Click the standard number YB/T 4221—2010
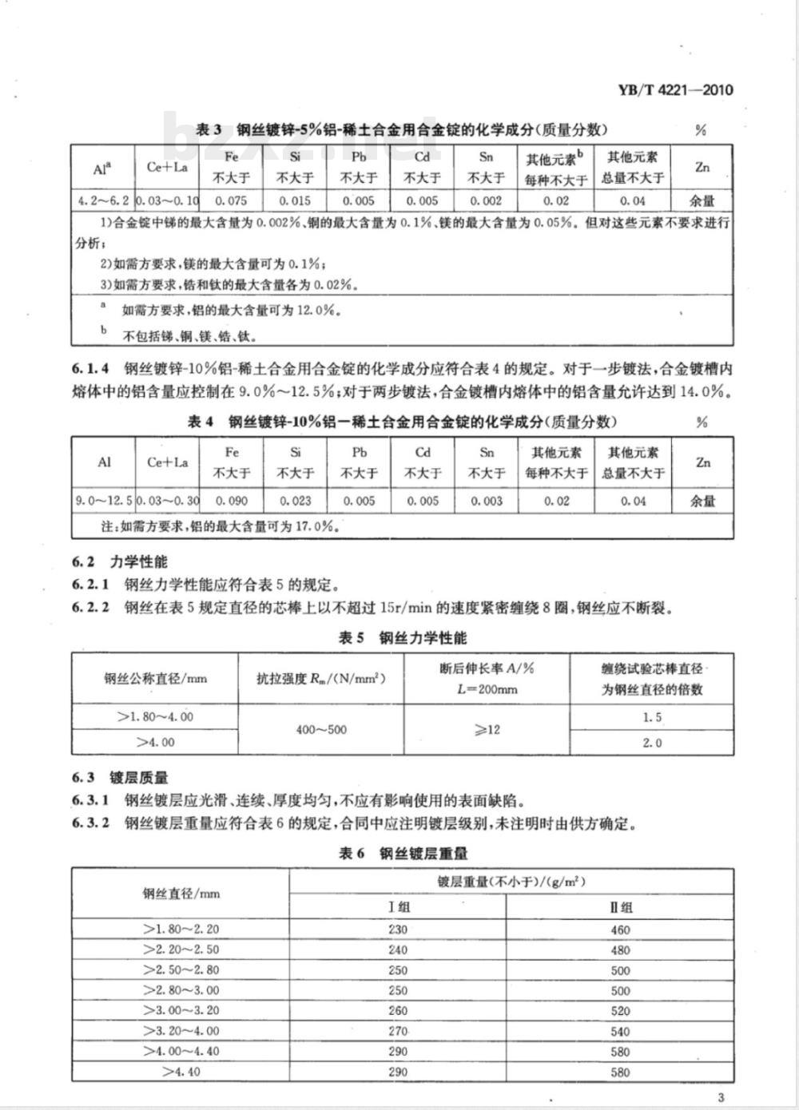point(675,89)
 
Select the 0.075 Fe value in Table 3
point(232,200)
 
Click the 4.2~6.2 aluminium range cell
point(103,200)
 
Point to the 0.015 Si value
point(296,200)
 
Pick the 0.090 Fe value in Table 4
point(232,501)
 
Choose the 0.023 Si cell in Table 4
point(296,501)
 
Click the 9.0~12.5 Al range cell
point(103,501)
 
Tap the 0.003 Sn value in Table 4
point(487,501)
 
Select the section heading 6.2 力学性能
point(120,562)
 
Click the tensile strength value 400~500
point(321,729)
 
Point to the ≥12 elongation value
point(487,729)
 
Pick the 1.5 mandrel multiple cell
point(652,717)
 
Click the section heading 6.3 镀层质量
point(120,778)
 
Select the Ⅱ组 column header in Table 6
point(620,907)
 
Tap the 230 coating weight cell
point(397,929)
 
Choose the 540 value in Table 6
point(620,1031)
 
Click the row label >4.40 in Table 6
point(181,1072)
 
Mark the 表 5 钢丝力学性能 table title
point(403,637)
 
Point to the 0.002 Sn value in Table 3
point(487,200)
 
